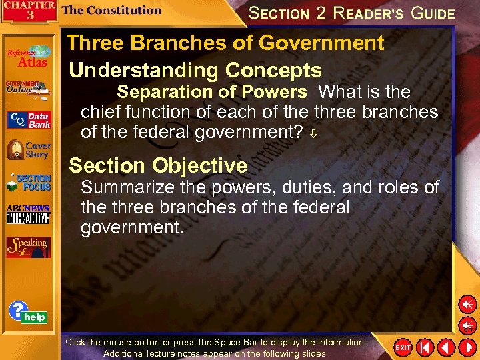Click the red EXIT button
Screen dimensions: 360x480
point(403,347)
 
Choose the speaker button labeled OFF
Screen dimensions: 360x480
point(467,326)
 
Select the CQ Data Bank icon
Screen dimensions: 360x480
point(28,121)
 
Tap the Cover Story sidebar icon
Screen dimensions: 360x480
point(28,151)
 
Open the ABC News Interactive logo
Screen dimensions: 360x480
point(28,214)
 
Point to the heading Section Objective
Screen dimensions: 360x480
point(158,165)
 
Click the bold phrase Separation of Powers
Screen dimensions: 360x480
point(212,91)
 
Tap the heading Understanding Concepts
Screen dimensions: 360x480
point(195,70)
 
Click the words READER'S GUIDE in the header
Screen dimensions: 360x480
point(393,13)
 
